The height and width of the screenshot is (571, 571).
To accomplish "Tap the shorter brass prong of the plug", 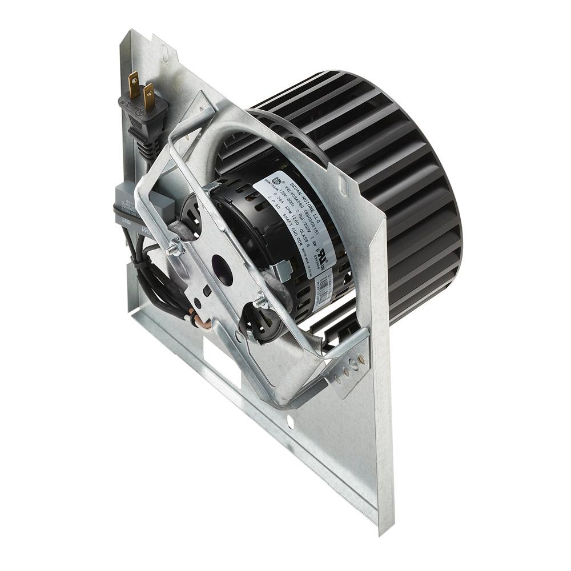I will click(150, 97).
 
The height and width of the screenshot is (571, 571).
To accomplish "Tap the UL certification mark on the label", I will click(326, 253).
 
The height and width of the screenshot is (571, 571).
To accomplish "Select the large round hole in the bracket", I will click(222, 270).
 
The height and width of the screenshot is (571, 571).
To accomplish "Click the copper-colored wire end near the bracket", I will click(201, 323).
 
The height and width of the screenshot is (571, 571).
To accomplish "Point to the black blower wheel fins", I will click(394, 171).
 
